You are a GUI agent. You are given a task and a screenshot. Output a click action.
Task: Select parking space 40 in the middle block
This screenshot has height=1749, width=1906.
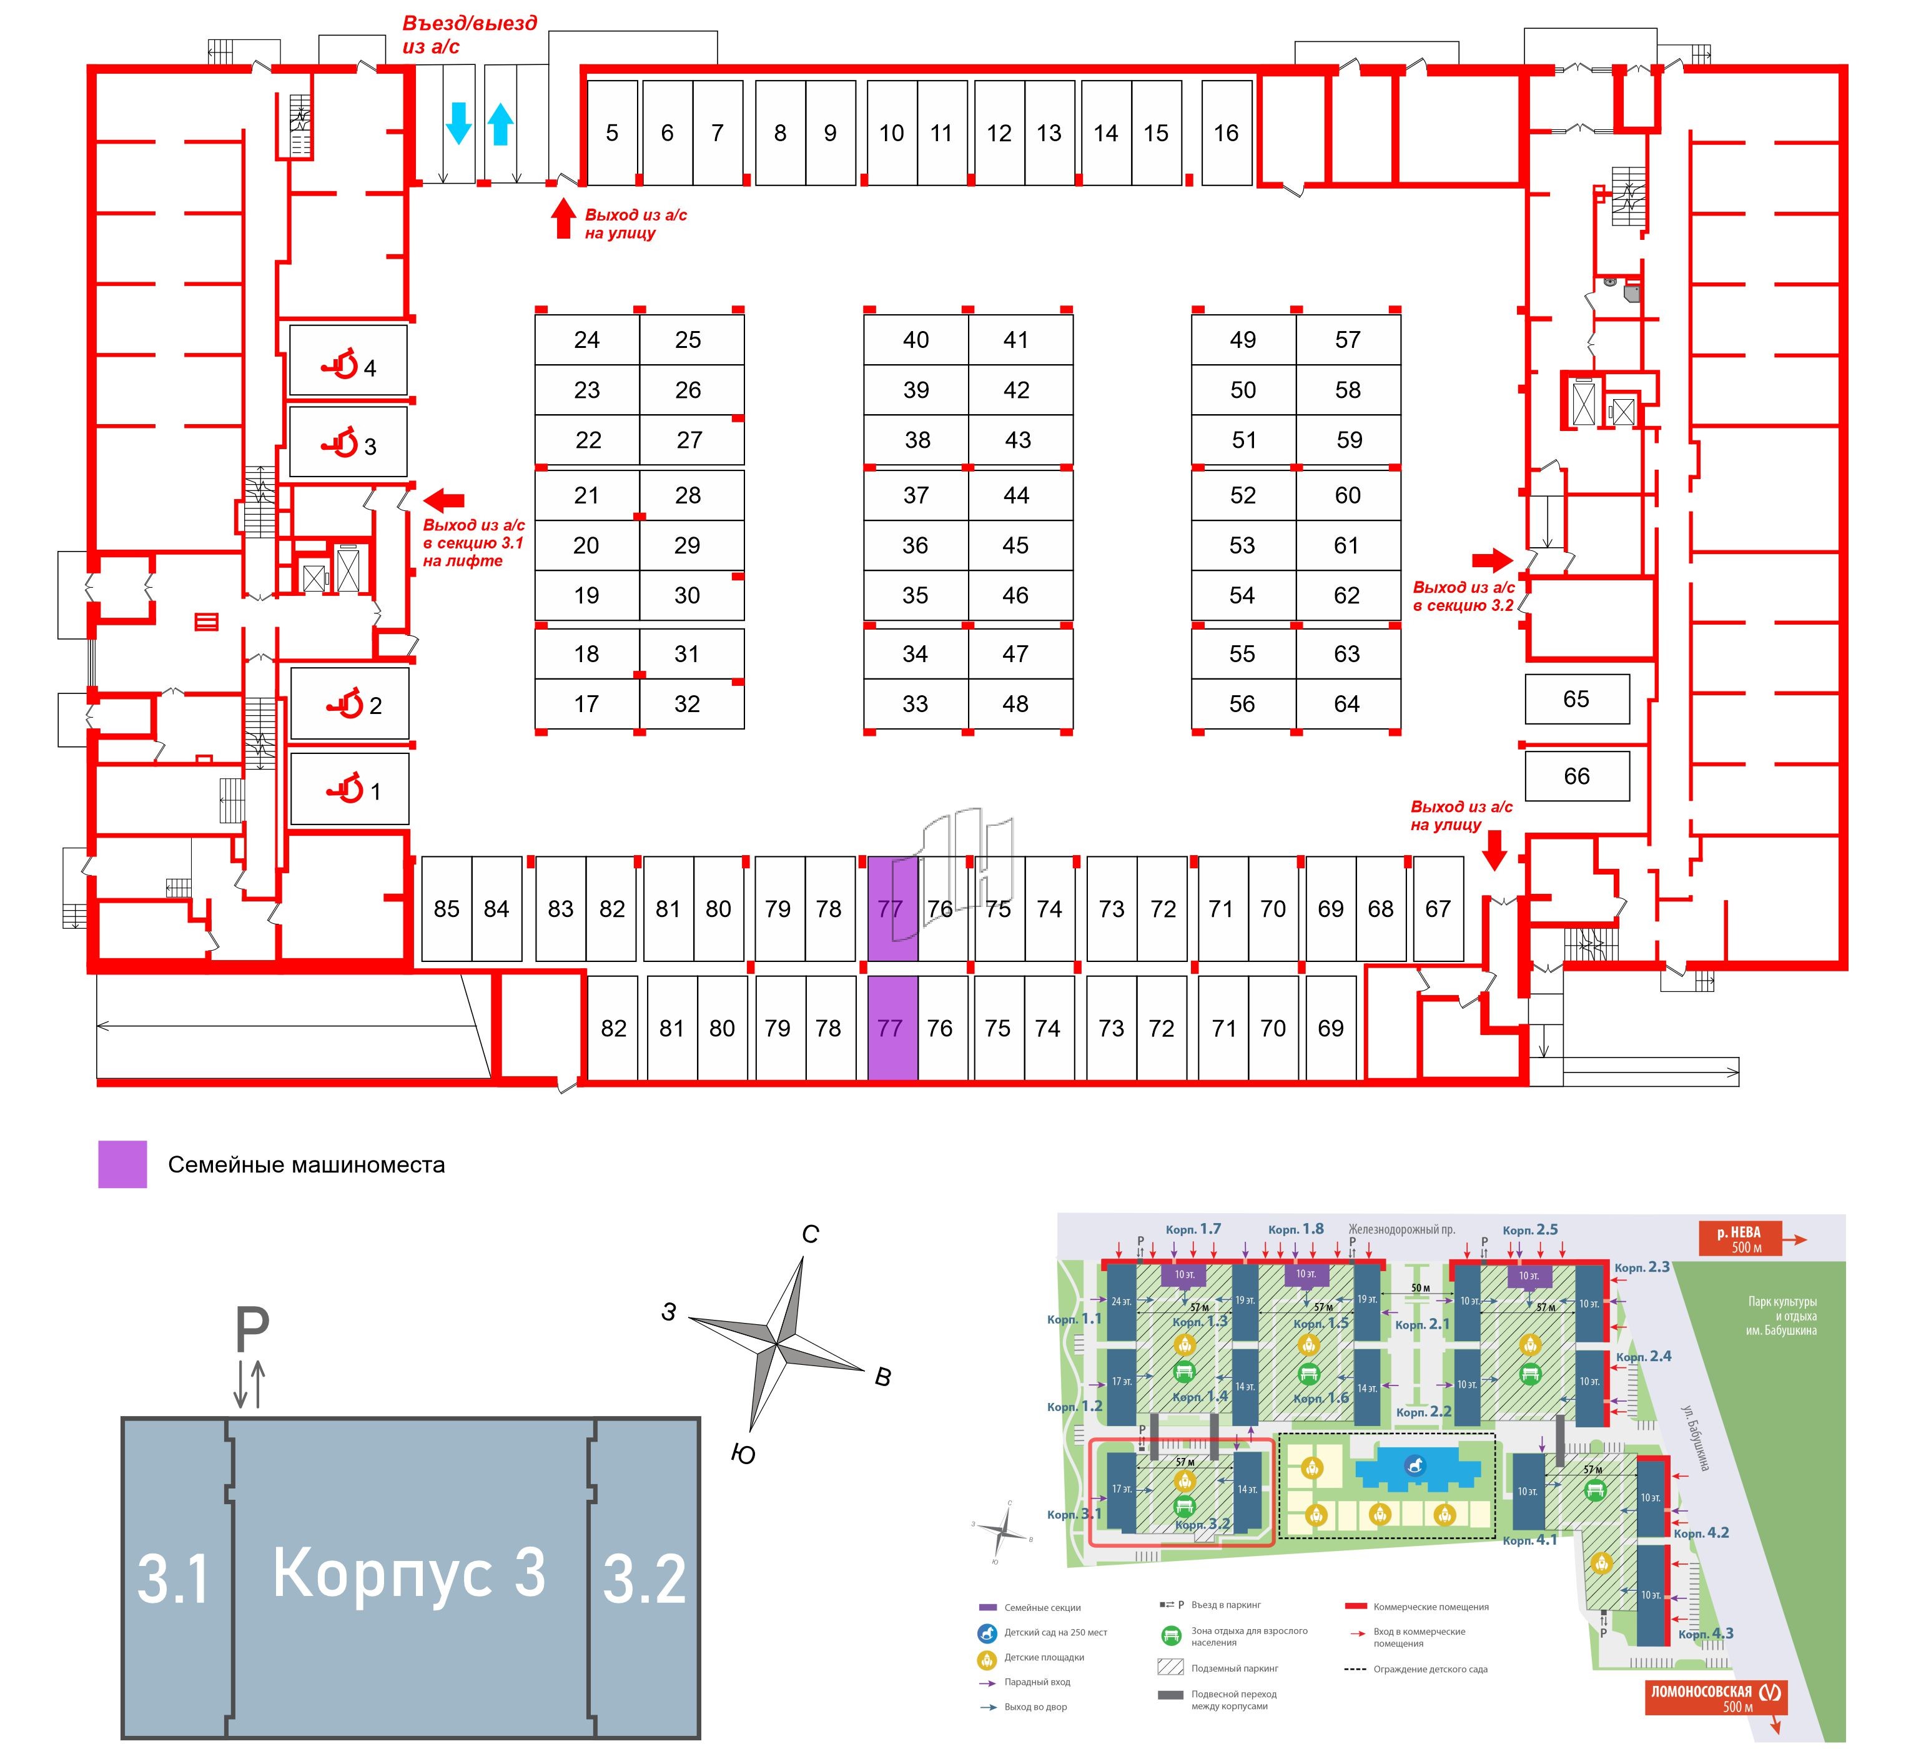click(x=915, y=340)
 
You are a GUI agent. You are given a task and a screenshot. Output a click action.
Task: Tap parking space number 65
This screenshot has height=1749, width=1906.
click(x=1577, y=700)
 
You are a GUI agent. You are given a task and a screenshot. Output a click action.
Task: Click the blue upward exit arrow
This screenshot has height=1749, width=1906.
click(x=501, y=124)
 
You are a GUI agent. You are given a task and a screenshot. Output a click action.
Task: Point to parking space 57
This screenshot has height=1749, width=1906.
click(x=1348, y=340)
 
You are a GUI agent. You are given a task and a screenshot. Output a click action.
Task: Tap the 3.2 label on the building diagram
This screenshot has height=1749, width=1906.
click(x=644, y=1580)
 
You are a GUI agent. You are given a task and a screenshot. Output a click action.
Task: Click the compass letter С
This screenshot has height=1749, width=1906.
click(x=810, y=1235)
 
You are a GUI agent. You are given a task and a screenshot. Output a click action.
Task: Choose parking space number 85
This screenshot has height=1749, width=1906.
click(x=446, y=909)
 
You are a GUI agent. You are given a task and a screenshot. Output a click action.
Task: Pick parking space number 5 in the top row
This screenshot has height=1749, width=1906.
click(x=612, y=134)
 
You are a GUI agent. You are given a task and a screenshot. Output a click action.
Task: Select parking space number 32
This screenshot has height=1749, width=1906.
click(x=687, y=704)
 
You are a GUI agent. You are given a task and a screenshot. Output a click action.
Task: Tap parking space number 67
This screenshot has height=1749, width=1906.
click(x=1438, y=909)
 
